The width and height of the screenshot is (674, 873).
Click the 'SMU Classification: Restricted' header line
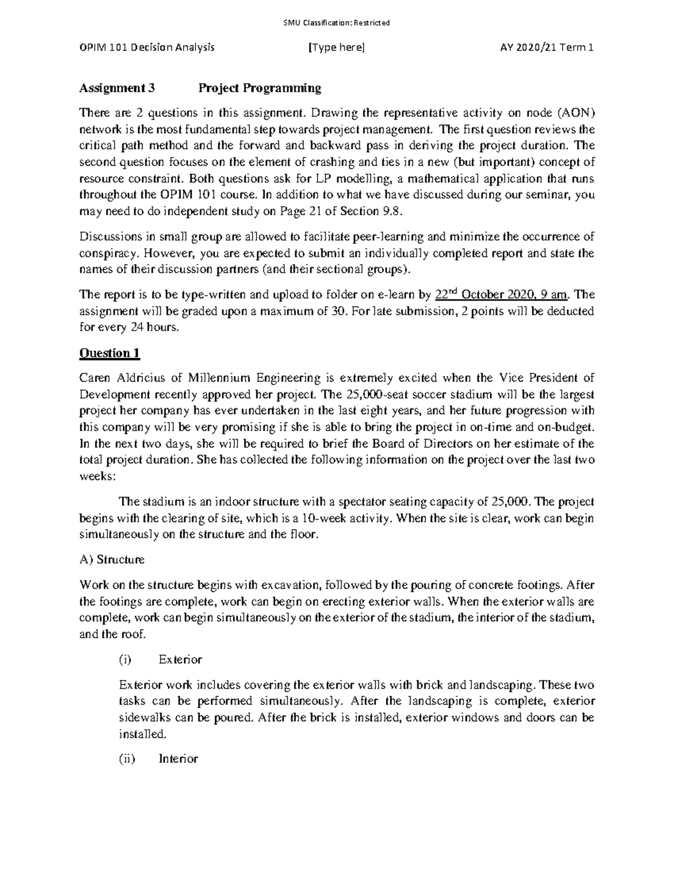pyautogui.click(x=336, y=23)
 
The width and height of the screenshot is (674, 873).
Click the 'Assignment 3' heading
pyautogui.click(x=117, y=88)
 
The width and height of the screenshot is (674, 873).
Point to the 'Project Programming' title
pyautogui.click(x=259, y=88)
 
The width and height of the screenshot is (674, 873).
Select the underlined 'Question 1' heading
pyautogui.click(x=110, y=353)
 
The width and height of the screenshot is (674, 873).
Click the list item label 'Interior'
pyautogui.click(x=178, y=759)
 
